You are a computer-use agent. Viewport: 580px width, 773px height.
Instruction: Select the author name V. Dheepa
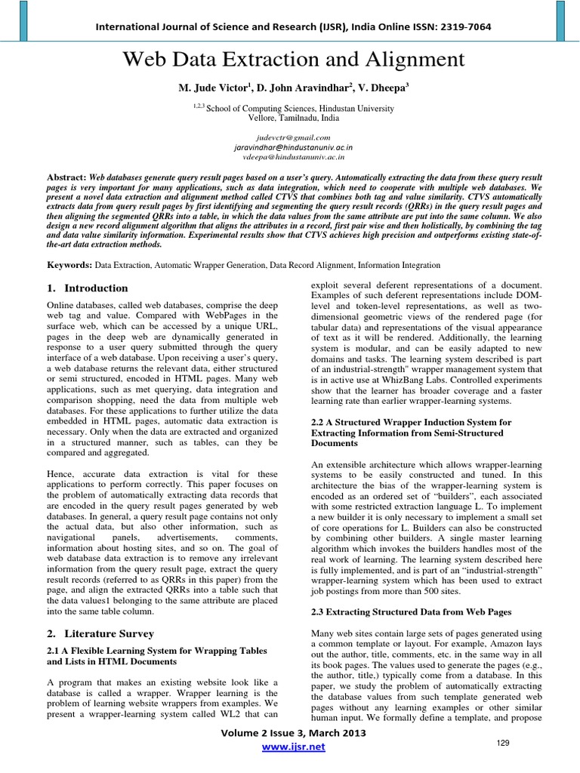381,88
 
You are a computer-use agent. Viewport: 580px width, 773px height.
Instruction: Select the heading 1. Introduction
88,288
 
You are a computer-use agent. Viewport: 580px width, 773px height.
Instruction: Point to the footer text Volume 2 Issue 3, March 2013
292,733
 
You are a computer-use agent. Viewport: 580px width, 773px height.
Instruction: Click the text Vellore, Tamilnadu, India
294,119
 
